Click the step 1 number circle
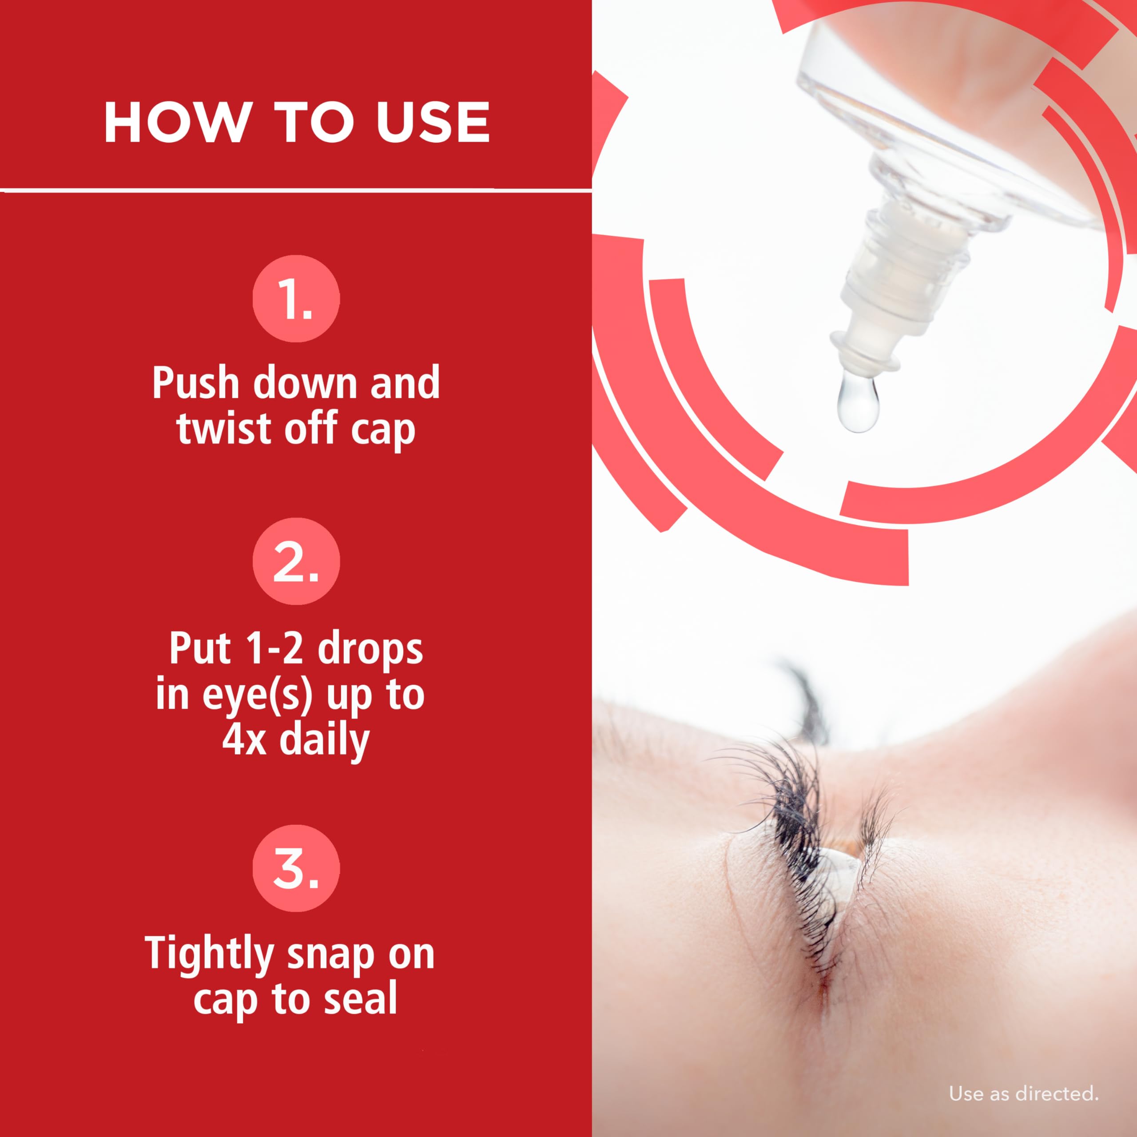pyautogui.click(x=296, y=298)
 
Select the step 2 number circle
pyautogui.click(x=296, y=561)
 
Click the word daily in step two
pyautogui.click(x=324, y=740)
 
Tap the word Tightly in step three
pyautogui.click(x=209, y=954)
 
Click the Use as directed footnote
pyautogui.click(x=1023, y=1093)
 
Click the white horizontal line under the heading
pyautogui.click(x=296, y=190)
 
